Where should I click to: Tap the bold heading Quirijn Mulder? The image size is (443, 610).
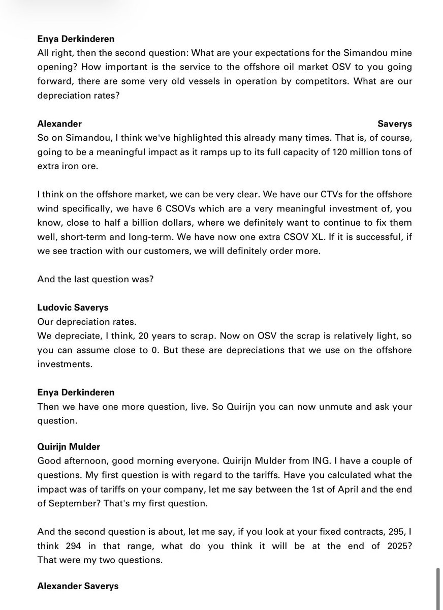point(69,446)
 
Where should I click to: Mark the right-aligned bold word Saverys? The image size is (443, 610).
point(395,124)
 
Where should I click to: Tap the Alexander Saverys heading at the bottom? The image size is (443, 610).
point(78,586)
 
